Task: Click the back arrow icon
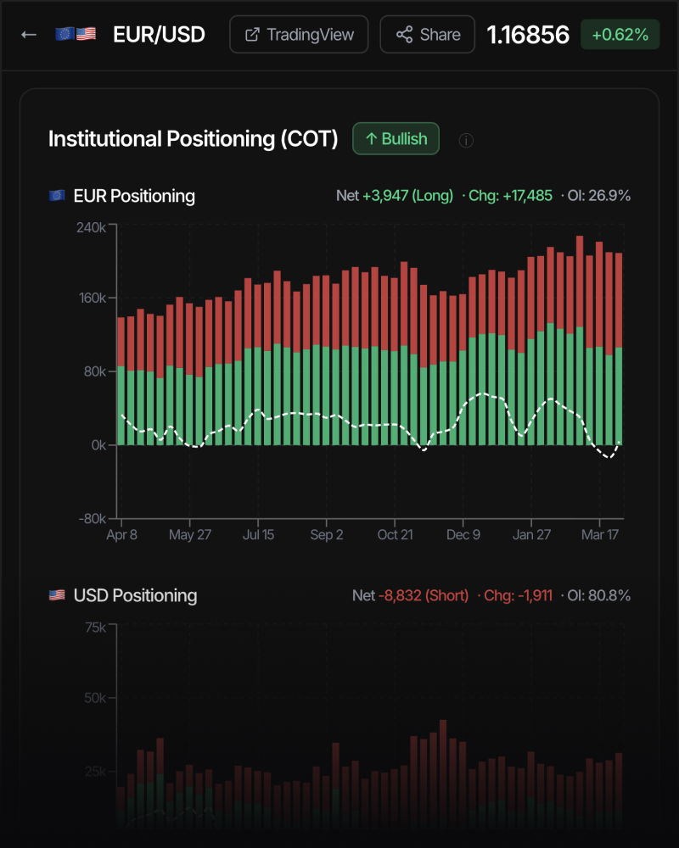pyautogui.click(x=29, y=35)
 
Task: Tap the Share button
pyautogui.click(x=428, y=35)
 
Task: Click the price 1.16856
pyautogui.click(x=527, y=35)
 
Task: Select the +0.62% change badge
pyautogui.click(x=620, y=35)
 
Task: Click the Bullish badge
pyautogui.click(x=396, y=139)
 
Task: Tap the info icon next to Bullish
pyautogui.click(x=466, y=140)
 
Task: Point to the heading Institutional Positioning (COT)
pyautogui.click(x=193, y=139)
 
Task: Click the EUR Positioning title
pyautogui.click(x=134, y=196)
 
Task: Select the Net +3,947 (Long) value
pyautogui.click(x=395, y=196)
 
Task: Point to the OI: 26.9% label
pyautogui.click(x=595, y=196)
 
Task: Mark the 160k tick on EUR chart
pyautogui.click(x=88, y=298)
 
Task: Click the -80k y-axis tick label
pyautogui.click(x=88, y=518)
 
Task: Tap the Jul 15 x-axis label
pyautogui.click(x=258, y=535)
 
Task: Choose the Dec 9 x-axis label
pyautogui.click(x=463, y=535)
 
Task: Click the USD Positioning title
pyautogui.click(x=135, y=595)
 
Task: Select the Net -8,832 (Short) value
pyautogui.click(x=410, y=595)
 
